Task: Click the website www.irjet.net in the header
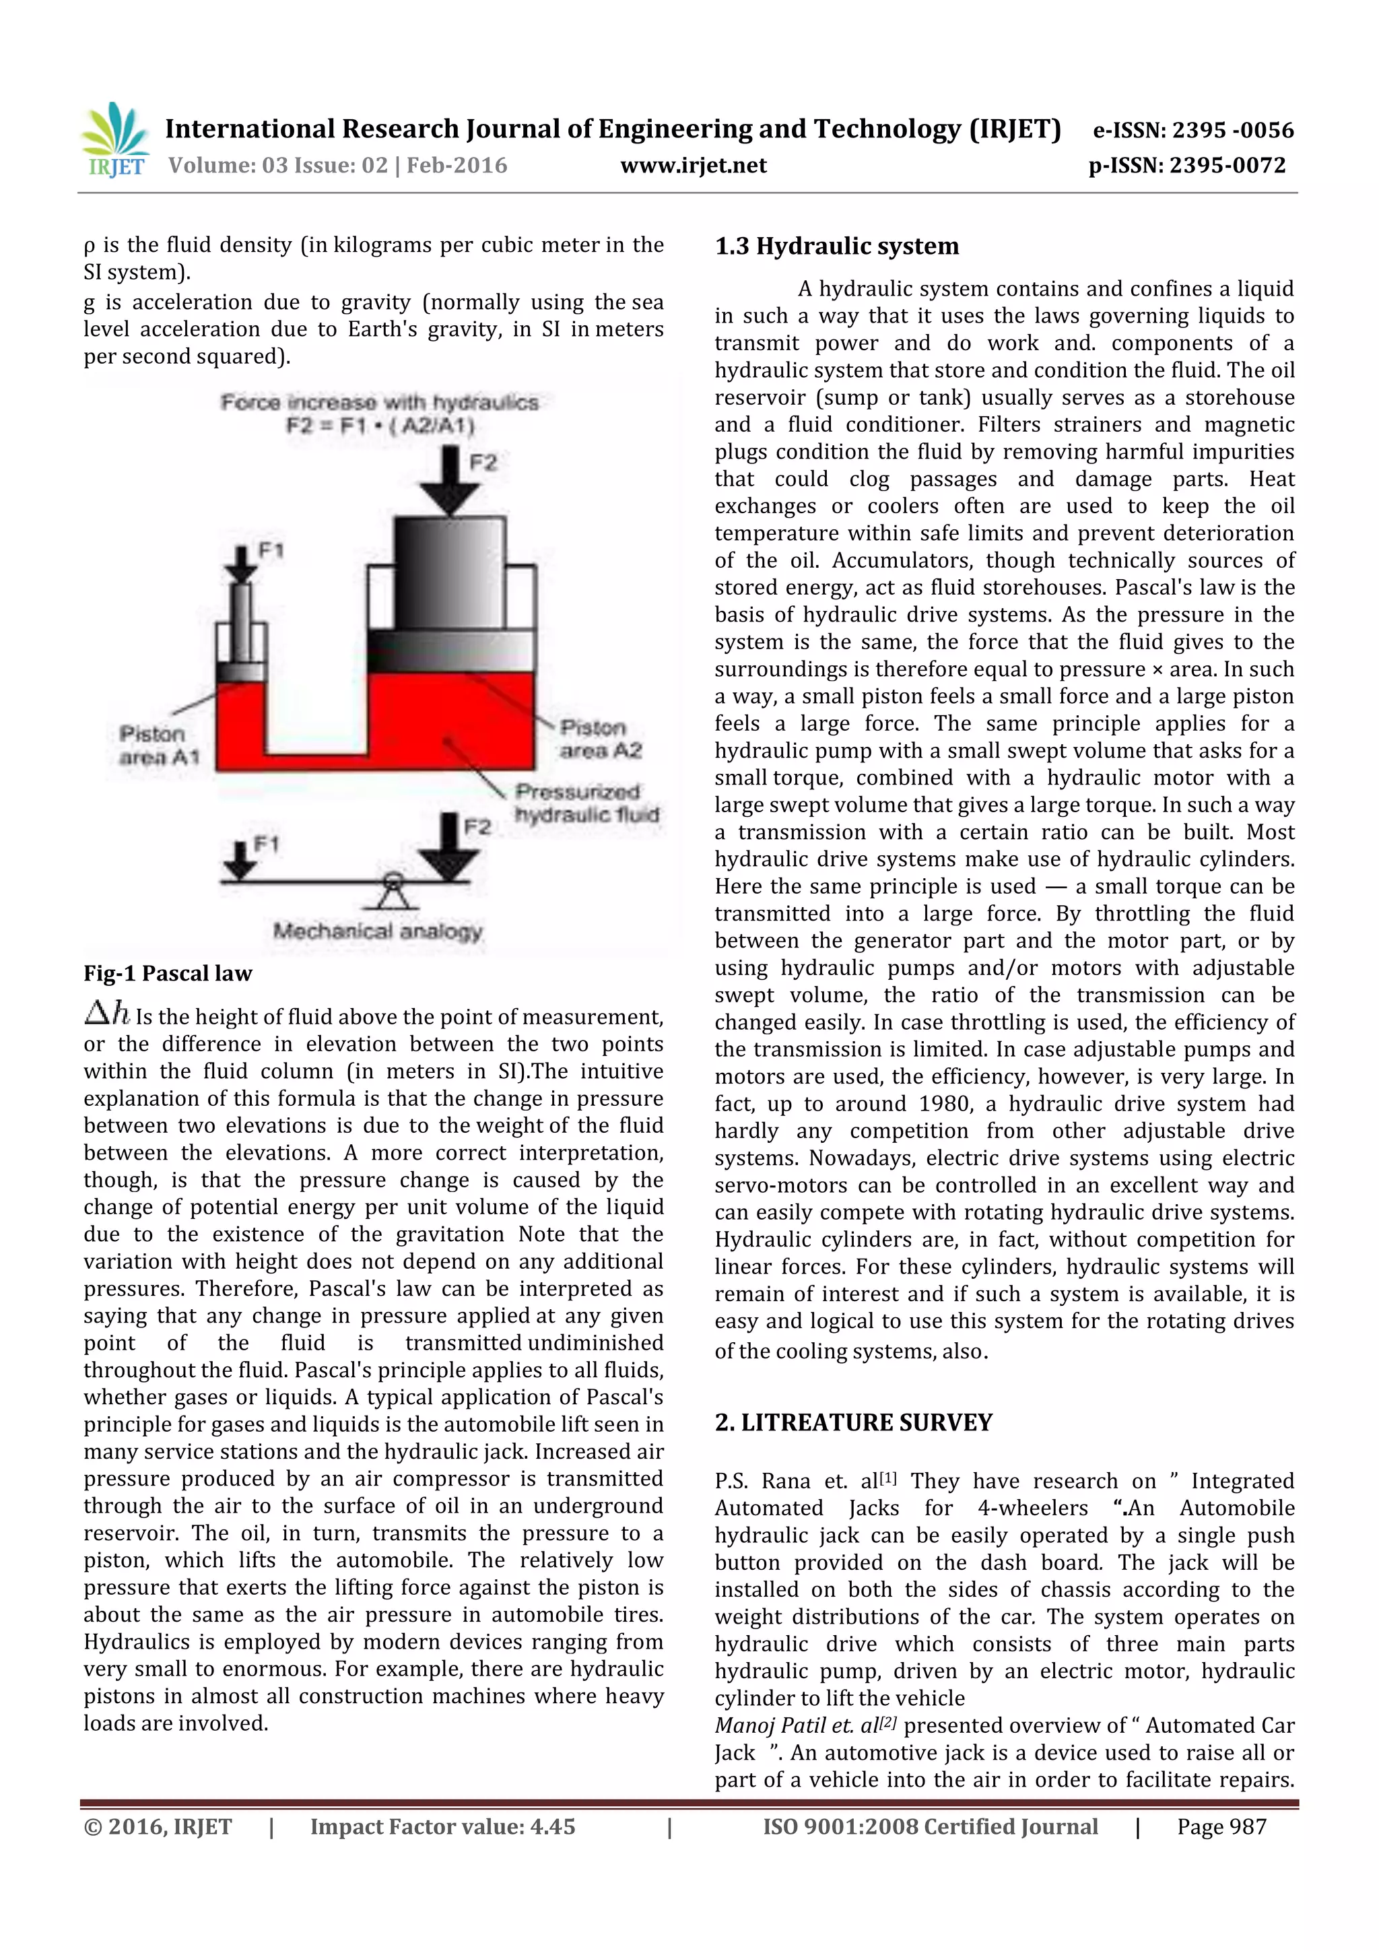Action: (694, 165)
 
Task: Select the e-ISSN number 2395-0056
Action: (1232, 130)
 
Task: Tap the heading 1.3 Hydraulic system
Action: (836, 246)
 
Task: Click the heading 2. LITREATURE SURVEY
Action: (853, 1422)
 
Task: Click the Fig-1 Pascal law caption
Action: (168, 973)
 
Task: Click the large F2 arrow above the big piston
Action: (450, 482)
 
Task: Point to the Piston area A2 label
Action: (600, 738)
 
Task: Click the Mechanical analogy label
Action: (377, 931)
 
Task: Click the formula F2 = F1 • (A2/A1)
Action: (380, 425)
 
